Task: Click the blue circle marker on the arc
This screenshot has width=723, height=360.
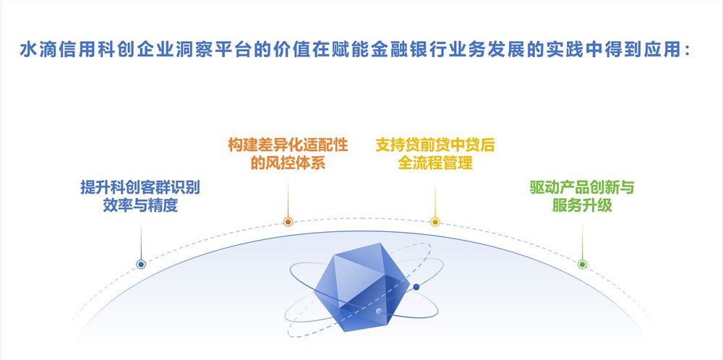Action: [x=141, y=264]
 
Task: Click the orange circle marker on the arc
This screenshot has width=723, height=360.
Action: [x=288, y=222]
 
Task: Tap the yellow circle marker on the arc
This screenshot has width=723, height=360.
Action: [x=435, y=222]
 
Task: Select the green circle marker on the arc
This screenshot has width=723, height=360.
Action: [x=582, y=264]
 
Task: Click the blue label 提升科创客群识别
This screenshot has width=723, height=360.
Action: [x=140, y=187]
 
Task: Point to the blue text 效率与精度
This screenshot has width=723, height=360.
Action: [x=140, y=205]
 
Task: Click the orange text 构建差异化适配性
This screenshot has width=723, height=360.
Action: [x=288, y=145]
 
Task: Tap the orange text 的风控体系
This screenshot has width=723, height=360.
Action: [x=288, y=163]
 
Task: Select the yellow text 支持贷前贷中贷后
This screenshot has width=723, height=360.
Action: [x=435, y=145]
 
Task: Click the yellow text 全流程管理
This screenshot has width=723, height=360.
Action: [x=435, y=163]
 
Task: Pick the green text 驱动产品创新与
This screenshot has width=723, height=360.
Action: [x=582, y=187]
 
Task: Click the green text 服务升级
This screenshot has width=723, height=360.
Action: [x=582, y=205]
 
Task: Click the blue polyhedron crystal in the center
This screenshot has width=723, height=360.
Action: [x=361, y=287]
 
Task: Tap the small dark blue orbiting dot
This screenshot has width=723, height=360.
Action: [x=416, y=287]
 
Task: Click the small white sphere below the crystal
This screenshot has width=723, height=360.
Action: [x=379, y=312]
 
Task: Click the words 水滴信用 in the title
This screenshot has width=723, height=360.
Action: [x=49, y=49]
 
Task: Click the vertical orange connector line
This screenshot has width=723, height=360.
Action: [x=288, y=198]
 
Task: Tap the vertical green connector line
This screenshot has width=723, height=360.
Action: [x=582, y=241]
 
